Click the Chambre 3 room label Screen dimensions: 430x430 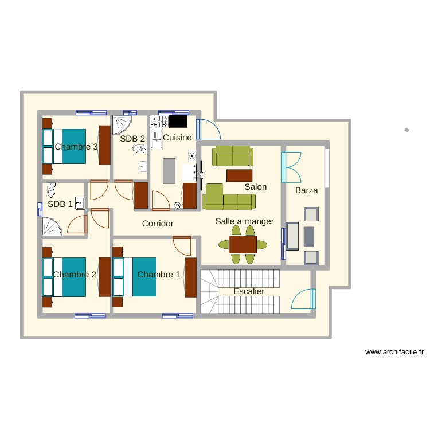click(x=76, y=147)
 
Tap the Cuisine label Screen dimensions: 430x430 click(x=177, y=138)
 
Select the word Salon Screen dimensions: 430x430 click(x=255, y=187)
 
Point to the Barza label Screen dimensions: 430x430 click(x=306, y=190)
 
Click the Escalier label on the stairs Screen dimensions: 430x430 click(x=249, y=291)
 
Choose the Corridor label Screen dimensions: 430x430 click(x=158, y=224)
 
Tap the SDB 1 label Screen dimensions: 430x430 click(x=60, y=204)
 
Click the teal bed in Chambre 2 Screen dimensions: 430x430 click(x=73, y=276)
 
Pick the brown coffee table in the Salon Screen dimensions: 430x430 click(x=240, y=174)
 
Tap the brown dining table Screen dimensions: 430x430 click(x=243, y=244)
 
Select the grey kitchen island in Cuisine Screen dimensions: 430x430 click(x=169, y=171)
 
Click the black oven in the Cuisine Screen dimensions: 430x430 click(x=178, y=121)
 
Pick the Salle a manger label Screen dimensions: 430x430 click(x=244, y=221)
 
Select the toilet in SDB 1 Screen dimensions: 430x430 click(x=51, y=190)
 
